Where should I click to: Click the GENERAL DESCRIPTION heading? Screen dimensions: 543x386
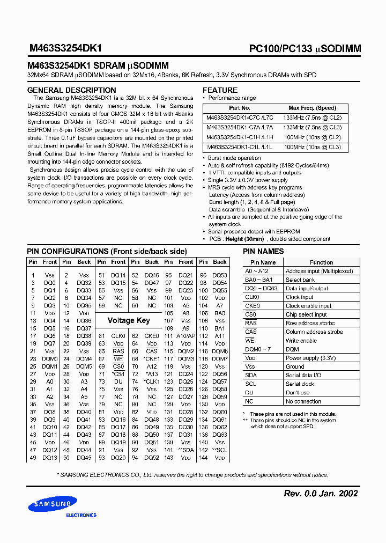[71, 90]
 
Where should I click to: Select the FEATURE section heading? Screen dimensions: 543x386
[220, 90]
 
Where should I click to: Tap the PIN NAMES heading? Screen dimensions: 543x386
[263, 251]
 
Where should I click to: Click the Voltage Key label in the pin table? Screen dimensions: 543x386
[129, 320]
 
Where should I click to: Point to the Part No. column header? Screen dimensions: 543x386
[239, 108]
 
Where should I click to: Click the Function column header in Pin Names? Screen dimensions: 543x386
[321, 262]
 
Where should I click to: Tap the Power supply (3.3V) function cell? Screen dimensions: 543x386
[310, 358]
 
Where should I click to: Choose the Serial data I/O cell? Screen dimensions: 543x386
[303, 375]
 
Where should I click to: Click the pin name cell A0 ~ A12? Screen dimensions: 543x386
[257, 271]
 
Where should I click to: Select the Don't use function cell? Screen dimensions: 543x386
[298, 392]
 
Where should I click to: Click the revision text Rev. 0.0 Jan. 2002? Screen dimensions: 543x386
[320, 493]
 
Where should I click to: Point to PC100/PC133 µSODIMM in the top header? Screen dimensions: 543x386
[305, 48]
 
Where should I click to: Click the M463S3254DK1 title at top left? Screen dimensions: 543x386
[65, 48]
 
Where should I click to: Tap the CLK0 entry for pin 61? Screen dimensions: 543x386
[118, 336]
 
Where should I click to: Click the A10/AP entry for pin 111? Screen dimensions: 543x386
[186, 336]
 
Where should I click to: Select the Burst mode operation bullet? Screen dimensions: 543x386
[234, 158]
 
